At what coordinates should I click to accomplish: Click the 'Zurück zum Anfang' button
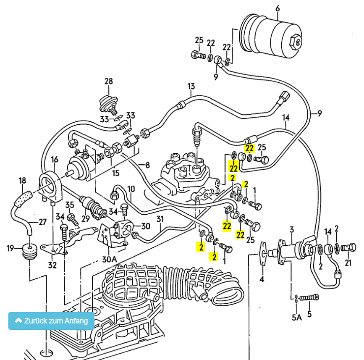coord(52,321)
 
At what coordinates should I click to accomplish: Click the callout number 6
coord(277,8)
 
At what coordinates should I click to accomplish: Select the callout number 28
coord(109,81)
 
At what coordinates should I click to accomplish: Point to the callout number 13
coord(191,87)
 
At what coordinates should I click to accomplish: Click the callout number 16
coord(55,159)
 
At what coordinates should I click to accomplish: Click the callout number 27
coord(43,222)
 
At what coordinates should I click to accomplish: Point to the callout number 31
coord(160,218)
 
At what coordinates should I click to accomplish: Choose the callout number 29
coord(86,219)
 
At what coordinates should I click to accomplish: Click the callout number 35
coord(70,205)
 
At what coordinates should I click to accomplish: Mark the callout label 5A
coord(297,317)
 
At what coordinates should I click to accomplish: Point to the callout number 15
coord(115,173)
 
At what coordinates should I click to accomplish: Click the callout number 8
coord(147,165)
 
